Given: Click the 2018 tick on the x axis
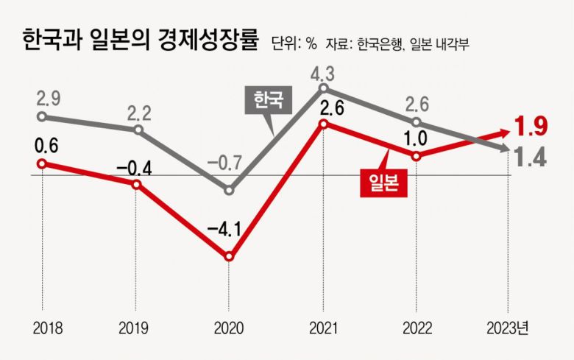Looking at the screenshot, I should click(x=42, y=326).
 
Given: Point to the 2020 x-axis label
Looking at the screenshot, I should click(x=228, y=326).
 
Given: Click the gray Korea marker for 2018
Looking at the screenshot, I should click(x=42, y=116).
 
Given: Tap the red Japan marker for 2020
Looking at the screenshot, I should click(x=229, y=257).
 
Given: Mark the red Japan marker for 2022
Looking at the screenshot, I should click(x=416, y=156).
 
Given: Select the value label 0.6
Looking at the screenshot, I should click(x=42, y=144).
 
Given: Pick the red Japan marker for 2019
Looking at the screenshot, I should click(x=136, y=184).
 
